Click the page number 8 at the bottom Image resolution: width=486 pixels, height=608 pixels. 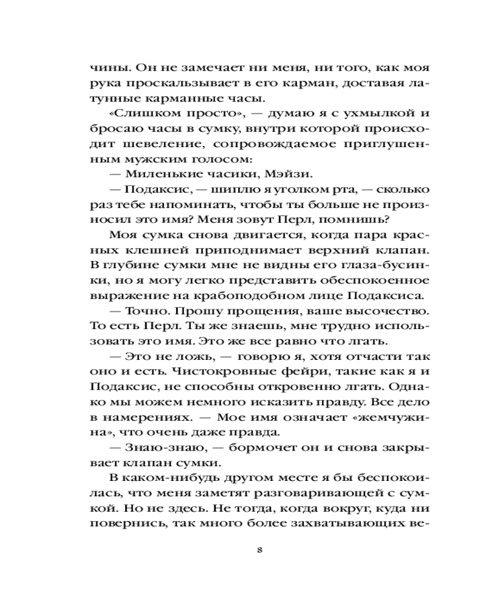pyautogui.click(x=259, y=551)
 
